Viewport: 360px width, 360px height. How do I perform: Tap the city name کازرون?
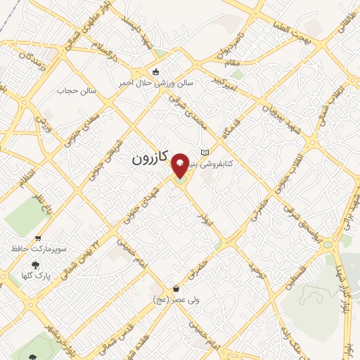(150, 160)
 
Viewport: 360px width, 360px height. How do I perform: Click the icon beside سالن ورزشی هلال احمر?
(156, 72)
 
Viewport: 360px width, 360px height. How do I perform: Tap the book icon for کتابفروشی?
(205, 153)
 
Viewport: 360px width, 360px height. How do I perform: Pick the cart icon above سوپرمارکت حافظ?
(38, 238)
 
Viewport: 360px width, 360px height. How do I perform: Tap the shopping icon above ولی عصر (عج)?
(176, 289)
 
